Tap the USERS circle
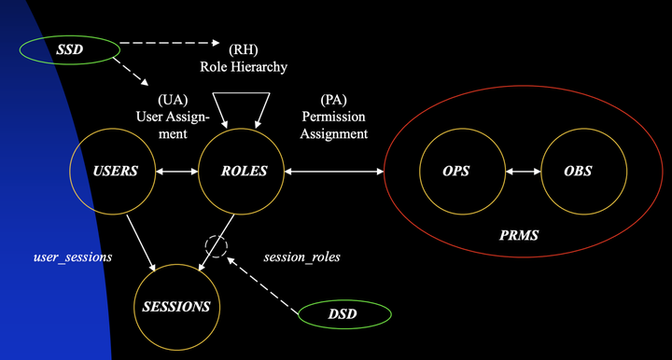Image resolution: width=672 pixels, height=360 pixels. (117, 172)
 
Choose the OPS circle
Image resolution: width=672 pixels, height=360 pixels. (456, 172)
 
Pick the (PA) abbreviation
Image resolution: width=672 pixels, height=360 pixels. (333, 100)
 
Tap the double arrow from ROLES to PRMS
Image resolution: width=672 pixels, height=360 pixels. (335, 172)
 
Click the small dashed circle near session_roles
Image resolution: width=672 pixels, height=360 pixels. (217, 247)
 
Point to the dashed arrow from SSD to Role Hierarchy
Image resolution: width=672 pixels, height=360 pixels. (168, 42)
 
